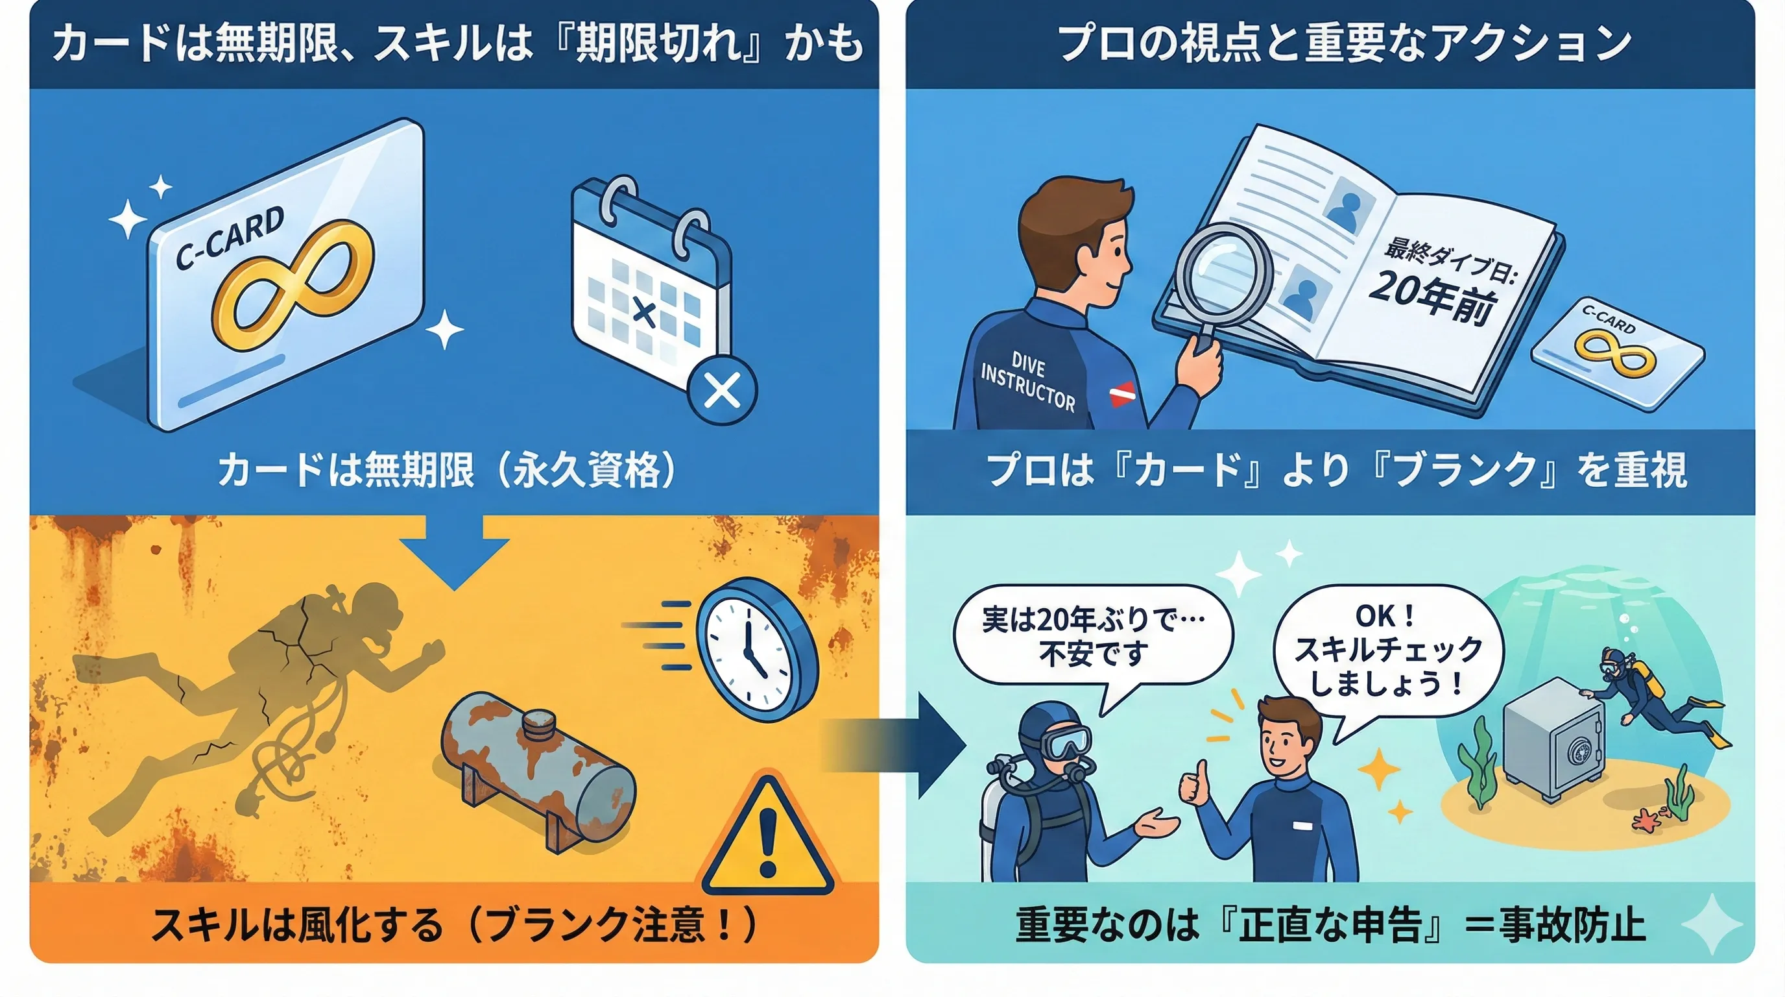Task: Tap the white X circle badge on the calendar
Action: pyautogui.click(x=722, y=391)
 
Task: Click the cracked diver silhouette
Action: pyautogui.click(x=260, y=700)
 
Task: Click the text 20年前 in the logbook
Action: pyautogui.click(x=1433, y=295)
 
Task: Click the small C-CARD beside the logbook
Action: pyautogui.click(x=1617, y=354)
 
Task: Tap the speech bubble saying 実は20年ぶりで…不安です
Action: pyautogui.click(x=1094, y=641)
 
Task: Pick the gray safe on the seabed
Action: pyautogui.click(x=1553, y=741)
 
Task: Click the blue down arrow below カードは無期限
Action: pyautogui.click(x=455, y=551)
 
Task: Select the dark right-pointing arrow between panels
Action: pyautogui.click(x=894, y=745)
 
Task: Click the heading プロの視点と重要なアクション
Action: pyautogui.click(x=1345, y=43)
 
